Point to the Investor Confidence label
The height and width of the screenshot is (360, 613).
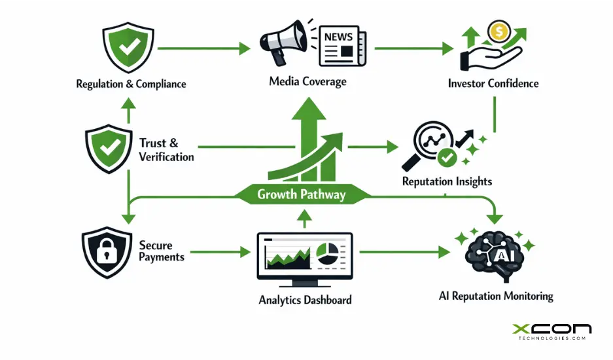[493, 83]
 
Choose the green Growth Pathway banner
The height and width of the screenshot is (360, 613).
[301, 194]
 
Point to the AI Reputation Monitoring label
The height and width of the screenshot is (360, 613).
[495, 296]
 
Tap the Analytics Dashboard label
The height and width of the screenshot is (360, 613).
[305, 300]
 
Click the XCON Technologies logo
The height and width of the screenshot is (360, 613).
[551, 331]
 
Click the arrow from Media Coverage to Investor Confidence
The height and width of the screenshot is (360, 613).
[413, 48]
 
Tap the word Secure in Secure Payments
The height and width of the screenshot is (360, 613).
[156, 245]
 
